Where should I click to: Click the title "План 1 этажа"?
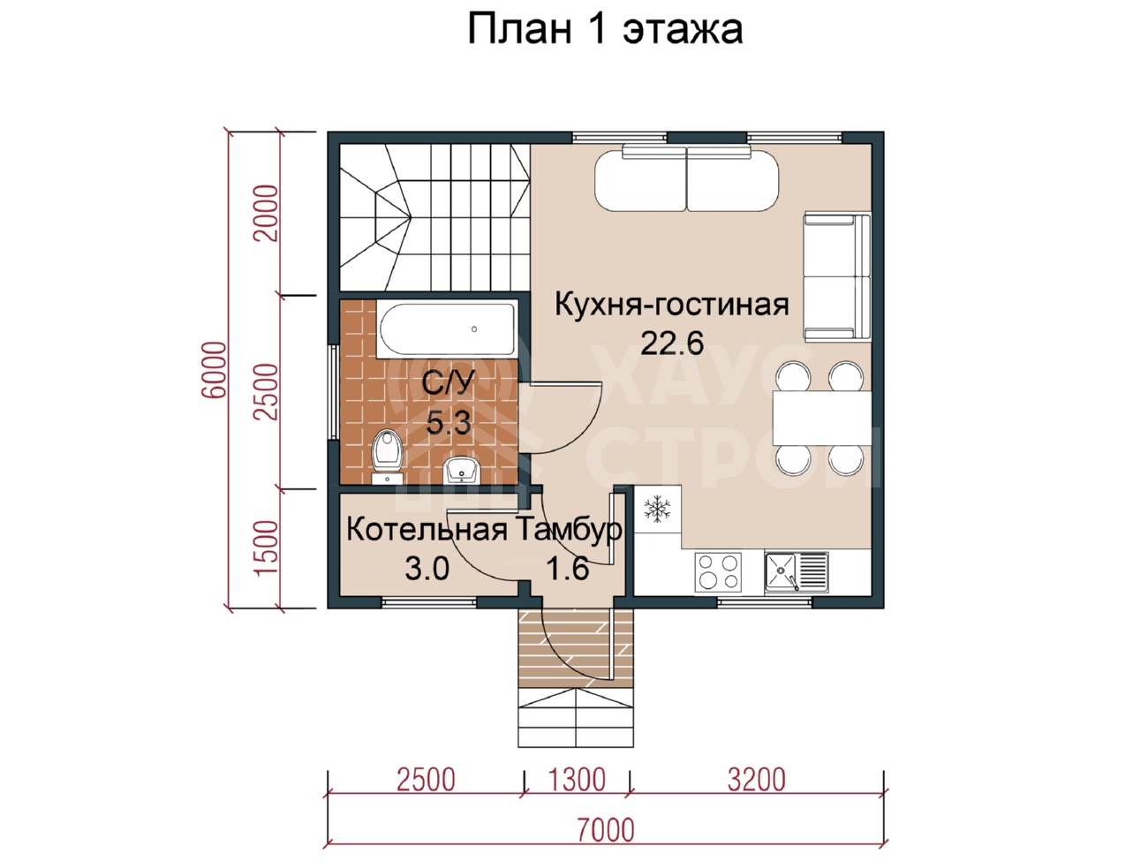tap(605, 29)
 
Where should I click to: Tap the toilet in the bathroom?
tap(387, 456)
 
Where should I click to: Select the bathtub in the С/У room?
tap(446, 329)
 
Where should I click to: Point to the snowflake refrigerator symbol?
tap(657, 509)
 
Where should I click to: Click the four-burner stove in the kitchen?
tap(718, 572)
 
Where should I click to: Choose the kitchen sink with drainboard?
tap(796, 572)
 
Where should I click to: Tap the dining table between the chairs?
tap(822, 418)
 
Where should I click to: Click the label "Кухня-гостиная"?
tap(671, 305)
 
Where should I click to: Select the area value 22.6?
tap(672, 344)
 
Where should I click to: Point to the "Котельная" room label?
tap(427, 530)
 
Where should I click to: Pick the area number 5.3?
tap(449, 422)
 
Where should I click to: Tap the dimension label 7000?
tap(606, 829)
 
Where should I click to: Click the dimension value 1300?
tap(577, 780)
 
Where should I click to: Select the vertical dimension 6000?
tap(215, 370)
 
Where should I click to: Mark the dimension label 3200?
tap(756, 780)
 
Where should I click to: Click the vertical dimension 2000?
tap(266, 213)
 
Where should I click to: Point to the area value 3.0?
tap(427, 568)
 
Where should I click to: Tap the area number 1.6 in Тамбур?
tap(568, 568)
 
